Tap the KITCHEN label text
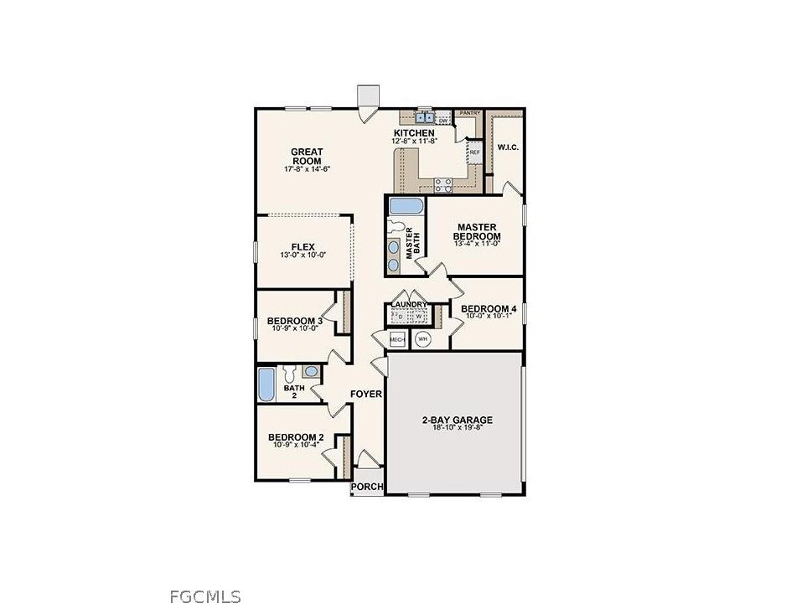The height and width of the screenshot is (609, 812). coord(414,133)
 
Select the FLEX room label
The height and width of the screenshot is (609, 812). coord(303,246)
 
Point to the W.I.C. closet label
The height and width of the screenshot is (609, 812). coord(507,148)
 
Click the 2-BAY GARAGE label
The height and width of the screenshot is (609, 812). coord(457,420)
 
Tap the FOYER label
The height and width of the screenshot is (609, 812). coord(366,394)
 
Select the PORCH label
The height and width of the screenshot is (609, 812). coord(367,487)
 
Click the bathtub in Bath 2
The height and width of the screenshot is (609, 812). coord(266,385)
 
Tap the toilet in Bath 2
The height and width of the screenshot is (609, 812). coord(289,372)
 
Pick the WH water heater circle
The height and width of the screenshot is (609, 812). coord(422,339)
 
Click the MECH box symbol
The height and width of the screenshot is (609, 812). coord(397,339)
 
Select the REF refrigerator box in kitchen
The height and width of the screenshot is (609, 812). coord(474,152)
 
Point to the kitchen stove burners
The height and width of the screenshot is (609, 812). coord(444,185)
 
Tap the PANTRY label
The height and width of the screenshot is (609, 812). coord(469,112)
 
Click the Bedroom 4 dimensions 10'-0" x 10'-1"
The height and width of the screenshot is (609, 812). coord(489,316)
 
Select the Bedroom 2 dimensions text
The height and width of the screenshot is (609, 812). coord(297,445)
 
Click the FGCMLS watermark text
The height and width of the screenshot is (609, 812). coord(204,596)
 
